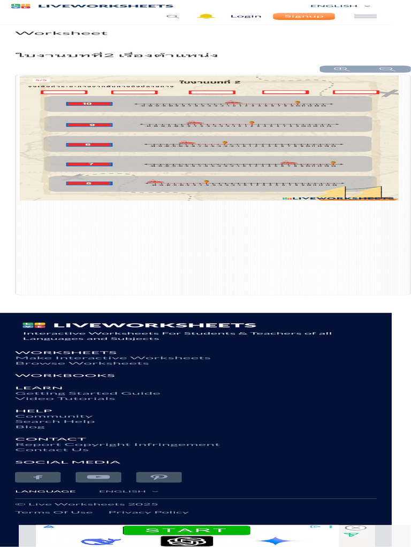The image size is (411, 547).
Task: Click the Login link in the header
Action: click(x=246, y=16)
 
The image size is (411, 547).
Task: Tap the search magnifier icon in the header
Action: click(x=172, y=16)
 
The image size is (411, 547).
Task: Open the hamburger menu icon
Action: click(x=365, y=16)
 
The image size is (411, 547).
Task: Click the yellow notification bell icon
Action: click(x=205, y=16)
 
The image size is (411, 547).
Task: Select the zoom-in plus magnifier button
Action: click(x=342, y=69)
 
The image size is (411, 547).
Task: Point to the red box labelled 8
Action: click(x=89, y=184)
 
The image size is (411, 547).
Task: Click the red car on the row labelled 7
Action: click(x=287, y=162)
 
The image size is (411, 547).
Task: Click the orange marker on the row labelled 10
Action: click(x=298, y=102)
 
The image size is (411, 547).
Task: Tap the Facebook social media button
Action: click(x=37, y=477)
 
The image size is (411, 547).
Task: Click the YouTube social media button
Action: click(x=98, y=477)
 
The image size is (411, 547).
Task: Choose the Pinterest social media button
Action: click(x=159, y=477)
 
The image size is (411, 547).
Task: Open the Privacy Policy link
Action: click(x=149, y=512)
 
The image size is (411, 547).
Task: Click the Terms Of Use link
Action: click(x=54, y=512)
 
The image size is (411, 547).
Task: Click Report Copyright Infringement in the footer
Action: click(x=117, y=444)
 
